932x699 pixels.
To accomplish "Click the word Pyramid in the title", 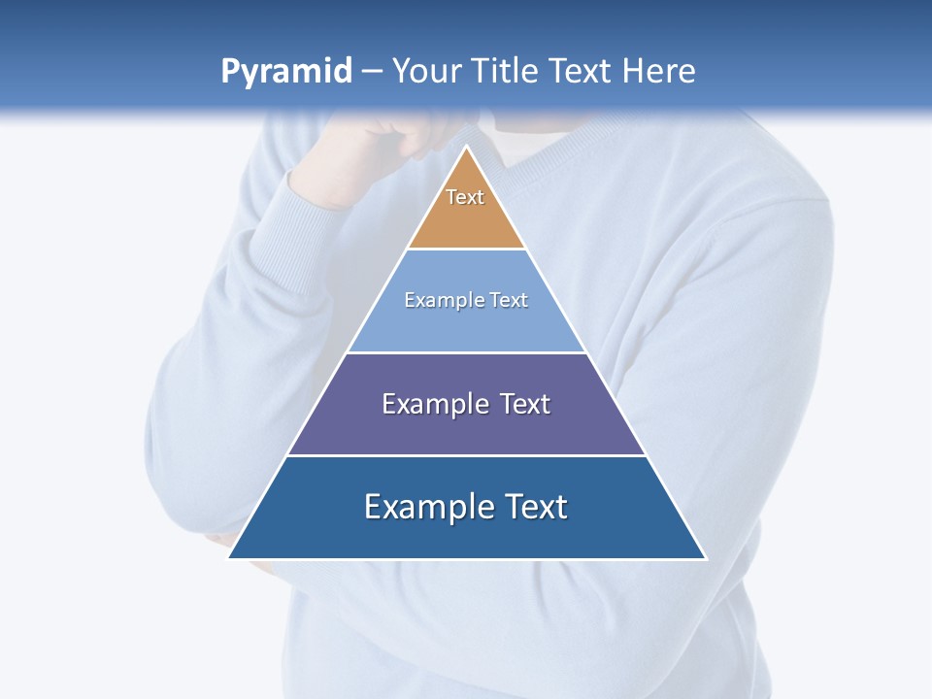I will click(x=286, y=72).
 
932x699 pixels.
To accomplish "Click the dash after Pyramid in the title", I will click(x=372, y=72).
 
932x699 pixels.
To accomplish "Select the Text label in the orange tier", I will click(x=465, y=197).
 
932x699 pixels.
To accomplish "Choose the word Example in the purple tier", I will click(x=426, y=404).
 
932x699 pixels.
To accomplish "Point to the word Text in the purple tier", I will click(x=525, y=404).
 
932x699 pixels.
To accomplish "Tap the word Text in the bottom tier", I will click(x=537, y=507).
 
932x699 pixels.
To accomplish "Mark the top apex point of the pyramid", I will click(x=466, y=147).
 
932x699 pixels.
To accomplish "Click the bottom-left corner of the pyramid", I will click(x=229, y=558).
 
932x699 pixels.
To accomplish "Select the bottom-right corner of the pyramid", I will click(x=705, y=558).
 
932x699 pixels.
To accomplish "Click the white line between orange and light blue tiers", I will click(x=466, y=250).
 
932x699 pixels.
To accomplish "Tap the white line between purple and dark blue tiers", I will click(x=466, y=455).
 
